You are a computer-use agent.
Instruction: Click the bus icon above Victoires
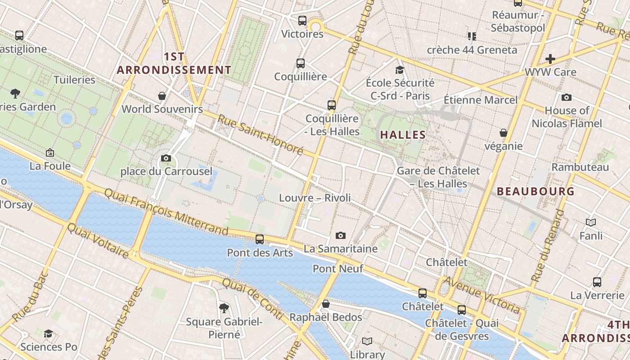(x=302, y=21)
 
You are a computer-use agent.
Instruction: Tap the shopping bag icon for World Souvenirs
(x=162, y=96)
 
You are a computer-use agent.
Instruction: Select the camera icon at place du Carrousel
(x=166, y=158)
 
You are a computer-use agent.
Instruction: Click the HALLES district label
(x=403, y=135)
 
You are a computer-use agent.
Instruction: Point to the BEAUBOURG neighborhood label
(x=535, y=191)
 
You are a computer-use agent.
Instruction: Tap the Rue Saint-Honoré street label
(x=261, y=135)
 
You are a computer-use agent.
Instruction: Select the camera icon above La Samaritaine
(x=341, y=235)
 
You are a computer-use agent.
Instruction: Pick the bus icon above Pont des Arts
(x=260, y=239)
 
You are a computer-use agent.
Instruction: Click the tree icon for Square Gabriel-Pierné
(x=224, y=308)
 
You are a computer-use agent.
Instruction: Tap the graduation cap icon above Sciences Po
(x=49, y=333)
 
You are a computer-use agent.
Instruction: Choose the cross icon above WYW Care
(x=550, y=59)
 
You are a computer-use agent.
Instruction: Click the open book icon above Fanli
(x=591, y=222)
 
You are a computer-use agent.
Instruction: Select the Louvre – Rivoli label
(x=315, y=198)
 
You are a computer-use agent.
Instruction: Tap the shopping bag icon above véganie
(x=504, y=133)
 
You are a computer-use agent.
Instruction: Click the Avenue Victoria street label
(x=483, y=295)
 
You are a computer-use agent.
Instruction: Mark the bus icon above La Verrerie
(x=597, y=282)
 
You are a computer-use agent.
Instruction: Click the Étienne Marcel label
(x=481, y=99)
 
